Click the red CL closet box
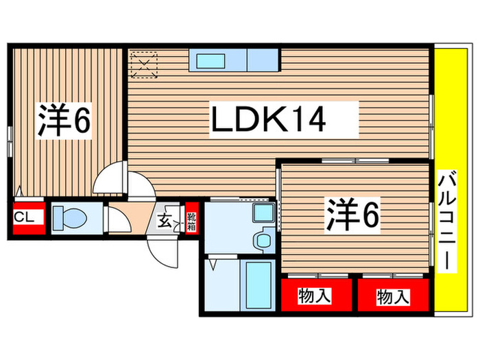[26, 217]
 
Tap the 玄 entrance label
[167, 221]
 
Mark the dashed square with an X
[145, 62]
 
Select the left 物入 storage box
[315, 296]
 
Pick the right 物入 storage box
[393, 296]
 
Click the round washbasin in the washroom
[261, 241]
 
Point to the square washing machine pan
[263, 213]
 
